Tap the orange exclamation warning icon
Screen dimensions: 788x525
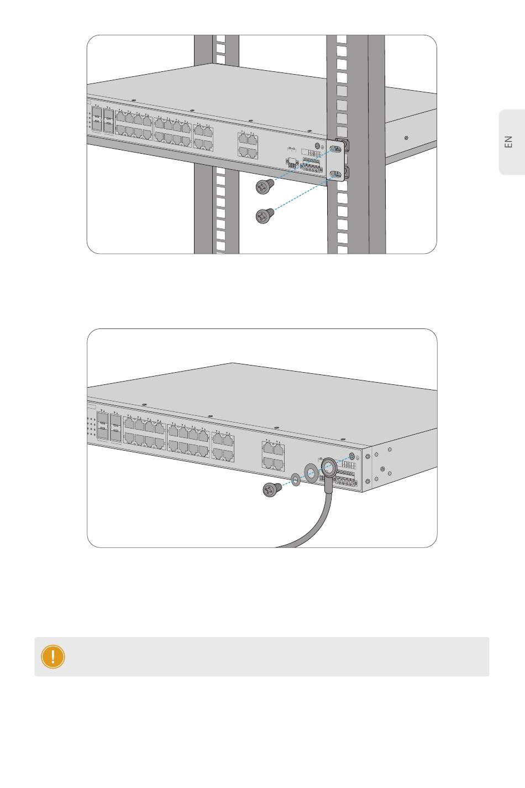click(x=53, y=656)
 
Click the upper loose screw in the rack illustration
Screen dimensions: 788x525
click(x=265, y=186)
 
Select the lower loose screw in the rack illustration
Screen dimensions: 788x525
click(x=265, y=216)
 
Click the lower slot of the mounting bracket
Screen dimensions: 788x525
click(x=335, y=174)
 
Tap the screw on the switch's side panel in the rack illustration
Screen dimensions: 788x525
click(x=406, y=138)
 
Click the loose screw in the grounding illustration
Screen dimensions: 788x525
click(x=272, y=490)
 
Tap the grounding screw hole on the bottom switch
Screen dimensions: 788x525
click(x=352, y=457)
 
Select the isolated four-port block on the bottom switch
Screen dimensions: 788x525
click(x=273, y=456)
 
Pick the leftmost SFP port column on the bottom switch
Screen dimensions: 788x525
click(x=102, y=427)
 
